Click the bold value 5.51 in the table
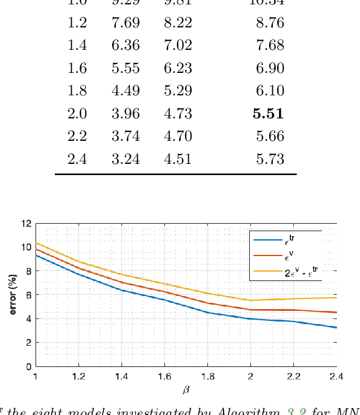(268, 113)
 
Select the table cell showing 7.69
(125, 23)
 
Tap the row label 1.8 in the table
(77, 90)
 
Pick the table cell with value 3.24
(125, 159)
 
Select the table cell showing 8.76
(270, 23)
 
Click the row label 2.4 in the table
(77, 159)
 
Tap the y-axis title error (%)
(12, 294)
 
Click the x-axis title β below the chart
(186, 389)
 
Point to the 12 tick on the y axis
(26, 223)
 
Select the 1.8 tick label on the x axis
(208, 376)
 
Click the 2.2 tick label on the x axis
(293, 376)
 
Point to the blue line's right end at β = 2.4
(336, 327)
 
